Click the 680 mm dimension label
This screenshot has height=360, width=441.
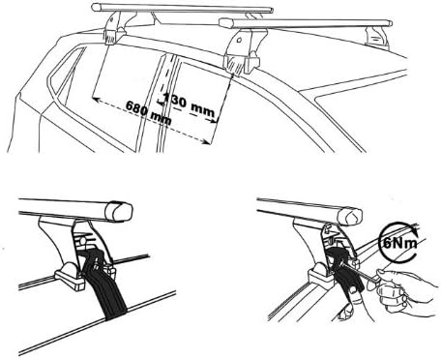pos(149,113)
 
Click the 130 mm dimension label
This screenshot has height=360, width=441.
pos(189,105)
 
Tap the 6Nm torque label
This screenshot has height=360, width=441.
pos(399,243)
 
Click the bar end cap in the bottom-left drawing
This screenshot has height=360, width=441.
pos(119,212)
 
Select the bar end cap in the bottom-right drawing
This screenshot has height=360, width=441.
pos(350,218)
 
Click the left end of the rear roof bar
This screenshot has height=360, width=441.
pos(93,7)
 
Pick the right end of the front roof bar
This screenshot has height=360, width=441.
pos(390,23)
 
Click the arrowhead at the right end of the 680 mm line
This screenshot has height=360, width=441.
pos(205,141)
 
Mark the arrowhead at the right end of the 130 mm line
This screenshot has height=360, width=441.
pos(213,120)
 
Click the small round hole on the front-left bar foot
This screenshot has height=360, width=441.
pos(239,41)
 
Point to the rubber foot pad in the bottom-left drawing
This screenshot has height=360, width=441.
pos(69,277)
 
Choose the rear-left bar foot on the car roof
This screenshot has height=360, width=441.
pos(114,28)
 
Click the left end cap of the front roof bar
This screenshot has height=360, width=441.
pos(225,22)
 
